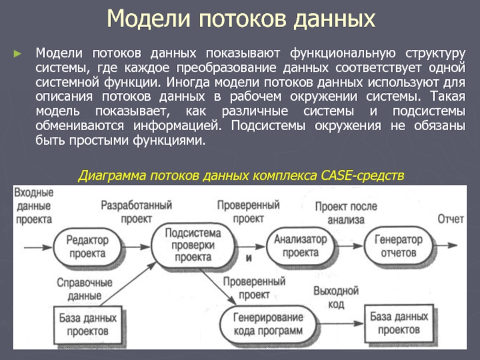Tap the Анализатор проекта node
click(x=301, y=246)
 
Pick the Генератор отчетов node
click(x=398, y=245)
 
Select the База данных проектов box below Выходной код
click(x=395, y=323)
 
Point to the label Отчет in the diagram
click(x=451, y=219)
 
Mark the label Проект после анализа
click(x=346, y=213)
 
